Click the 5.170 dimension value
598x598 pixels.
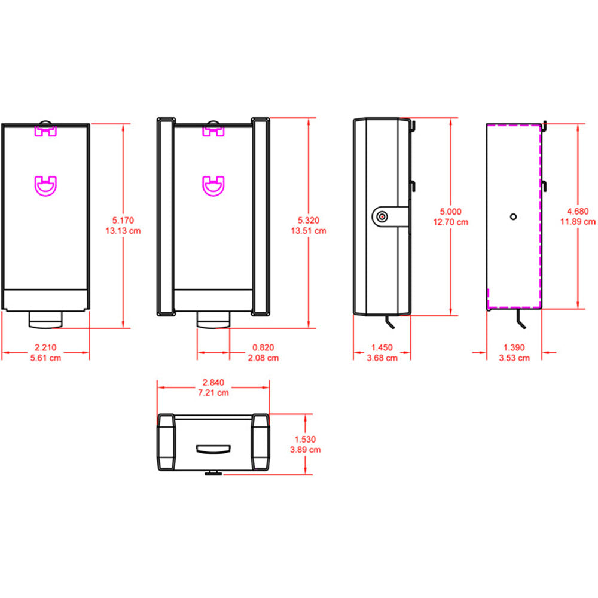(127, 221)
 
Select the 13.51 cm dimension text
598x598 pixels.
(309, 231)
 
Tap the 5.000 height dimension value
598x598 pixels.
(451, 212)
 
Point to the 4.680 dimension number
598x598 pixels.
(578, 211)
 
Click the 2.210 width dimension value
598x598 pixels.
(45, 347)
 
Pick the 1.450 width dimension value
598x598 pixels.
(383, 347)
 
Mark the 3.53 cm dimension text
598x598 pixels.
(515, 358)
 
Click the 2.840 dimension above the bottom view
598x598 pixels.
(214, 383)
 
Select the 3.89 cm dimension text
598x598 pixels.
(306, 449)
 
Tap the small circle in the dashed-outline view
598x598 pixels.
(512, 216)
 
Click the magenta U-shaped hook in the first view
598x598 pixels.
(46, 185)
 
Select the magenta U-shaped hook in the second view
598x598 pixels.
(213, 185)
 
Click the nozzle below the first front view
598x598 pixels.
(45, 321)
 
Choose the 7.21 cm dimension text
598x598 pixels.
(214, 393)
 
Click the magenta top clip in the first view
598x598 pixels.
(45, 130)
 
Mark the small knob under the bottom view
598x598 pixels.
(213, 474)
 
